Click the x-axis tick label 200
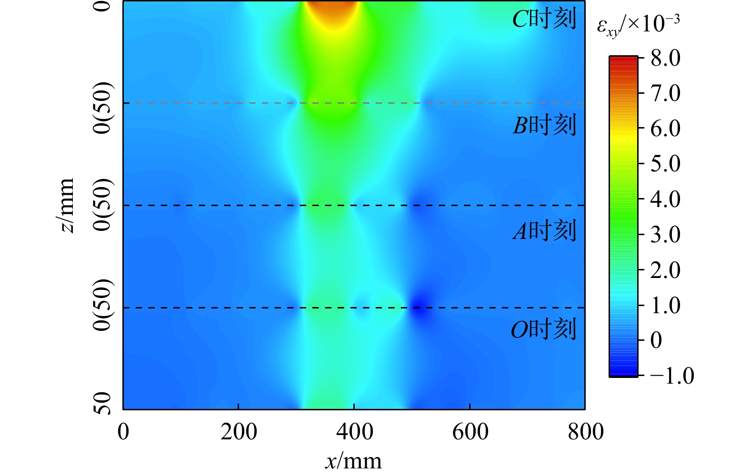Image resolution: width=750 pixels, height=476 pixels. click(x=239, y=432)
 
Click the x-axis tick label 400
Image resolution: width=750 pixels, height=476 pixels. click(x=354, y=432)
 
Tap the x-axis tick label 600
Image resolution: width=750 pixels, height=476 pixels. click(x=470, y=432)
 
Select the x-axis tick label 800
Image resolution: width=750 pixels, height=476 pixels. click(x=585, y=432)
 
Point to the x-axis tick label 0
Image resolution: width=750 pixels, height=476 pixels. click(x=123, y=432)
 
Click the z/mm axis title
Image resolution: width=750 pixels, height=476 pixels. click(x=66, y=205)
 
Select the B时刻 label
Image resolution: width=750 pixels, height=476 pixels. click(x=544, y=125)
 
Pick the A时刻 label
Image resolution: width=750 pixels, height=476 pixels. click(x=544, y=231)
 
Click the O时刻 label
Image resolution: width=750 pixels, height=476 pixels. click(x=543, y=329)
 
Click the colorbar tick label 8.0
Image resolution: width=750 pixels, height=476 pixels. click(x=665, y=58)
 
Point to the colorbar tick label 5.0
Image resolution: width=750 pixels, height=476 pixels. click(x=665, y=164)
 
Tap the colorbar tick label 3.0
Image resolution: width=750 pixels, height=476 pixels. click(x=665, y=234)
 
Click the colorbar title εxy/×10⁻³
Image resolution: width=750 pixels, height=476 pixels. click(x=638, y=24)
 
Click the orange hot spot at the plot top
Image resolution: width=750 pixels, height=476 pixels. click(x=333, y=10)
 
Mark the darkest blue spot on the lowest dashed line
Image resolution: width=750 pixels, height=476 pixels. click(x=419, y=308)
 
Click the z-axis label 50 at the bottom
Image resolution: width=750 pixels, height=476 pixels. click(x=102, y=403)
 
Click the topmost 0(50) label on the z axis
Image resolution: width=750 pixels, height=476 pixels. click(x=102, y=108)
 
